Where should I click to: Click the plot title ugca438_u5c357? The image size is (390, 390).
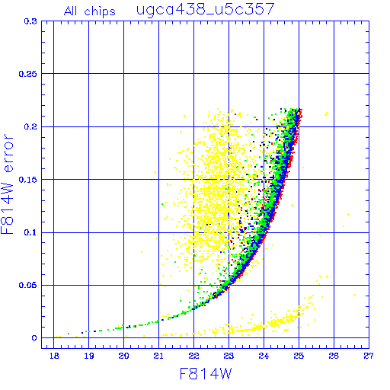(206, 10)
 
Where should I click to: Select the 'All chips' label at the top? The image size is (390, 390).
(90, 11)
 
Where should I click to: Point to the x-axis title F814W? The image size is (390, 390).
(206, 374)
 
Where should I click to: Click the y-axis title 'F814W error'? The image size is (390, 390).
(8, 184)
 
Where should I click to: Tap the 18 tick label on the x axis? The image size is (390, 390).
(54, 356)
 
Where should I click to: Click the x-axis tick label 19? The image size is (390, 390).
(89, 356)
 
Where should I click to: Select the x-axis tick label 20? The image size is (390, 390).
(123, 356)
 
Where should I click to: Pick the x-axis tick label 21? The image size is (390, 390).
(158, 356)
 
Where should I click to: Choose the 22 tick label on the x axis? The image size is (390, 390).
(193, 356)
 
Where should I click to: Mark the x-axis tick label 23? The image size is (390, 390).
(229, 356)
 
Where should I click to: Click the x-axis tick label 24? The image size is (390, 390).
(264, 356)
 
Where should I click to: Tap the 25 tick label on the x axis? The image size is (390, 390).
(299, 356)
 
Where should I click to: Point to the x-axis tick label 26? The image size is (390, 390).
(334, 356)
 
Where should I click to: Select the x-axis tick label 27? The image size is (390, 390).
(369, 356)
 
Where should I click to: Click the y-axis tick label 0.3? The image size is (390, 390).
(30, 21)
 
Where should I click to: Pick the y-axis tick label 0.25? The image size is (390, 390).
(28, 74)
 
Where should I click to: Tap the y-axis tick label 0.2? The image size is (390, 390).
(30, 126)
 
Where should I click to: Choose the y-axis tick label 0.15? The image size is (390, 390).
(28, 180)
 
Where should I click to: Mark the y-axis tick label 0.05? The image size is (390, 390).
(28, 285)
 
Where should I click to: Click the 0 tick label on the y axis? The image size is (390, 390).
(34, 338)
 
